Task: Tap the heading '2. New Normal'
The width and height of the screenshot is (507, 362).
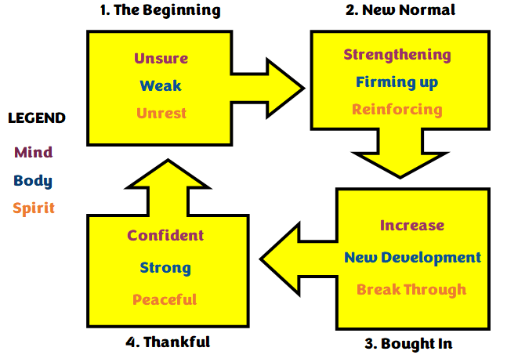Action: [400, 10]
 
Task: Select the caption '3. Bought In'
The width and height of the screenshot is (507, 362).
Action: [407, 343]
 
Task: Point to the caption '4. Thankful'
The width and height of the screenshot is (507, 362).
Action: [168, 342]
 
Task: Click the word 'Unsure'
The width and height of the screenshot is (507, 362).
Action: [161, 59]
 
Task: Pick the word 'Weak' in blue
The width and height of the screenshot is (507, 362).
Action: [161, 85]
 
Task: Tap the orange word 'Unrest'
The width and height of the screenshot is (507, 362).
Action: [161, 113]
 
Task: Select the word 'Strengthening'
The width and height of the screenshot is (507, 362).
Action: [397, 55]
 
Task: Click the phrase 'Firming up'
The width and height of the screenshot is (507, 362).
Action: [397, 81]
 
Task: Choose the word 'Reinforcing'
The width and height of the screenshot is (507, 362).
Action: [397, 109]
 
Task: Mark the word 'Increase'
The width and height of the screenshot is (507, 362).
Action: [412, 226]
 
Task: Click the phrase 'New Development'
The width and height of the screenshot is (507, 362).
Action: [412, 257]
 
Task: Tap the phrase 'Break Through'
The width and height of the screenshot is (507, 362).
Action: [411, 289]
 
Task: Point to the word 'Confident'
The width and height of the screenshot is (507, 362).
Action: [165, 235]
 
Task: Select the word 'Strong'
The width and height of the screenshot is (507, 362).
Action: [165, 267]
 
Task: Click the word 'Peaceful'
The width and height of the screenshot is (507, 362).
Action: [165, 299]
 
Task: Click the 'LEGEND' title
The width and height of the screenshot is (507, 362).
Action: [37, 118]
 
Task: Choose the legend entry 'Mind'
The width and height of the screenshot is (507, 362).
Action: [34, 152]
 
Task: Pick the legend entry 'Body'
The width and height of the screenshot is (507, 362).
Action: [33, 180]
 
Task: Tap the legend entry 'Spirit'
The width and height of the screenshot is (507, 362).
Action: [34, 209]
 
